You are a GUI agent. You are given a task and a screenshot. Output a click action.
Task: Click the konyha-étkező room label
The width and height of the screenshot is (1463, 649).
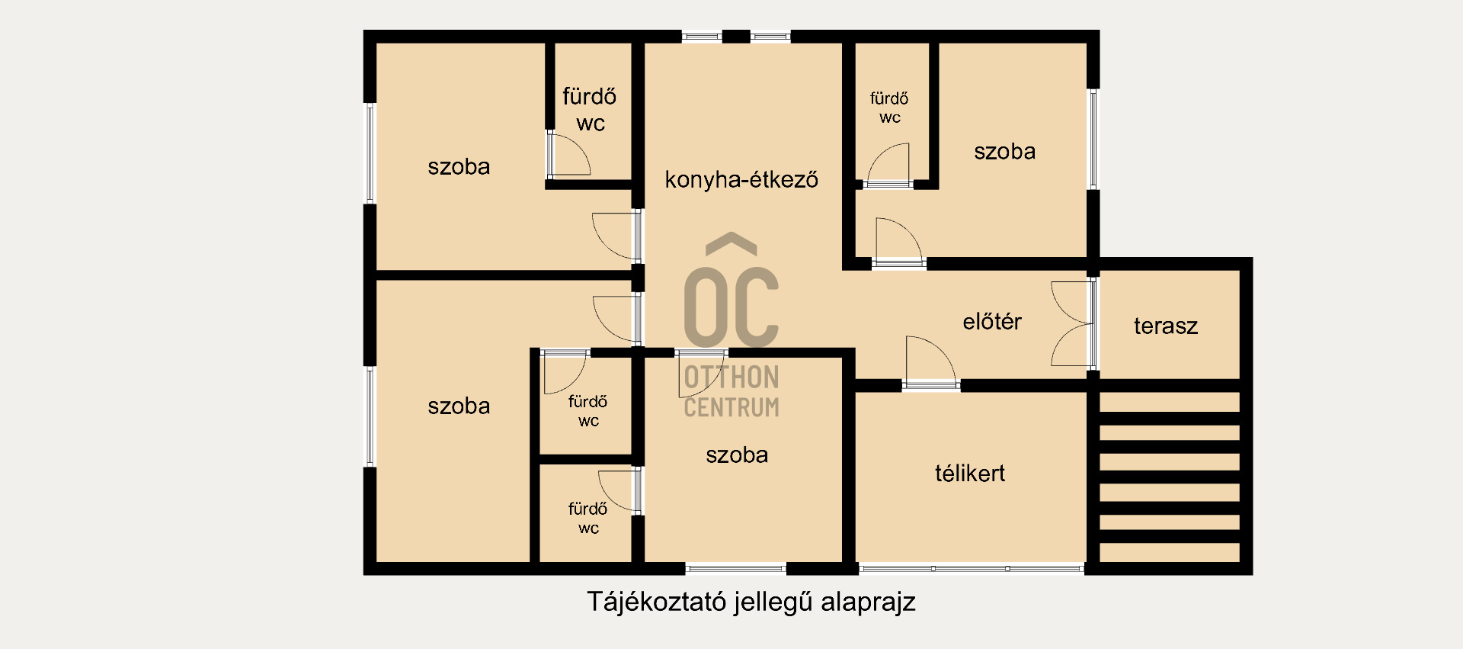[x=741, y=180]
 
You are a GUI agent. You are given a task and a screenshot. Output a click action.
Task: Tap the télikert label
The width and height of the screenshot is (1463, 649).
[x=969, y=474]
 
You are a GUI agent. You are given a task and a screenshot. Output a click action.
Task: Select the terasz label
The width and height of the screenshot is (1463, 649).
[x=1165, y=326]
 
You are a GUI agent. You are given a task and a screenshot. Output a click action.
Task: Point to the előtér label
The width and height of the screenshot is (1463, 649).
[x=991, y=322]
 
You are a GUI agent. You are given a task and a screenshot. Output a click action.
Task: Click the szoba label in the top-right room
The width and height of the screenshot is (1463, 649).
[x=1004, y=152]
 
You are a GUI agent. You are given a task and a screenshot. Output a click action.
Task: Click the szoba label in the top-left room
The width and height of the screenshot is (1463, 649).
[x=459, y=167]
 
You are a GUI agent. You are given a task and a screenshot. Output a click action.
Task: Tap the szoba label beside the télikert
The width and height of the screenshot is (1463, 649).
[x=736, y=455]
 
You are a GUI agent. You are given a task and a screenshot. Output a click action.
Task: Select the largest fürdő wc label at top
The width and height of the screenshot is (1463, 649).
[x=590, y=110]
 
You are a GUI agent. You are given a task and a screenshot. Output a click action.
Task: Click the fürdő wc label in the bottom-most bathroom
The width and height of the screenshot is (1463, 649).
[x=587, y=519]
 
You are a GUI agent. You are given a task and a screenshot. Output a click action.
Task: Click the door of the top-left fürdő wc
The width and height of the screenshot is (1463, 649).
[x=568, y=155]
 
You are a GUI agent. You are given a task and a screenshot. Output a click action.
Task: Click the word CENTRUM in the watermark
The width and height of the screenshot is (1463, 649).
[x=731, y=407]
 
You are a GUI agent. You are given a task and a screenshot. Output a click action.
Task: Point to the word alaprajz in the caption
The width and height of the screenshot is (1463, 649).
[x=868, y=602]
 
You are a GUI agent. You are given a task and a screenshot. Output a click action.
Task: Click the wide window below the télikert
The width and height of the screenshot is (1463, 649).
[x=971, y=568]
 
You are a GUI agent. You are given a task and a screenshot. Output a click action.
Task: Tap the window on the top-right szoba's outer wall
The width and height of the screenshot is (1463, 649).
[x=1093, y=139]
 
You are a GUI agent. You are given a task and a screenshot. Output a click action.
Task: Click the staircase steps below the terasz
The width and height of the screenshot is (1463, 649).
[x=1170, y=477]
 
